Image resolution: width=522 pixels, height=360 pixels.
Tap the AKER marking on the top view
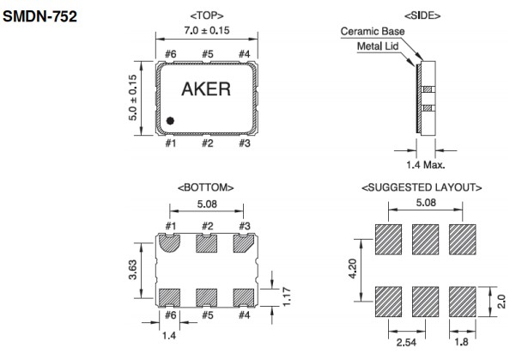(206, 89)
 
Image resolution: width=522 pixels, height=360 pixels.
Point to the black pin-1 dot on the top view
(171, 121)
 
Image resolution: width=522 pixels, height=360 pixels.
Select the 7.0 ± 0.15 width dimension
(207, 30)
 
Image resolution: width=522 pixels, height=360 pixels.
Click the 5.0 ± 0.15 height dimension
(134, 97)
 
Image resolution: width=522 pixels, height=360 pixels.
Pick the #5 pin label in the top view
(207, 55)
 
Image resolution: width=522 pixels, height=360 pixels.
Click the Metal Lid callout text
(379, 46)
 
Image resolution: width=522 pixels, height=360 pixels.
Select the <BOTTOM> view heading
(206, 186)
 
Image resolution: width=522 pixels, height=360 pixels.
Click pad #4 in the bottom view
(244, 296)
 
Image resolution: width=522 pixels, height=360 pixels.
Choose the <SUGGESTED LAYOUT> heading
(422, 186)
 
